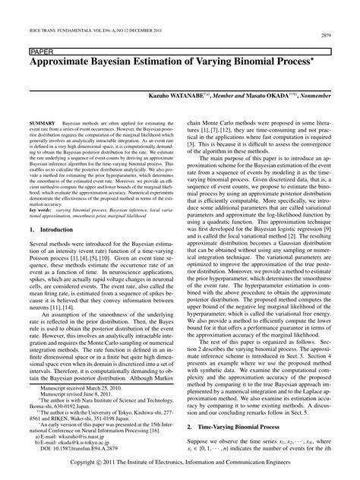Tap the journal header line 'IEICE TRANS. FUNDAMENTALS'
pyautogui.click(x=63, y=28)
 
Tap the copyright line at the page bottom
pyautogui.click(x=180, y=461)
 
